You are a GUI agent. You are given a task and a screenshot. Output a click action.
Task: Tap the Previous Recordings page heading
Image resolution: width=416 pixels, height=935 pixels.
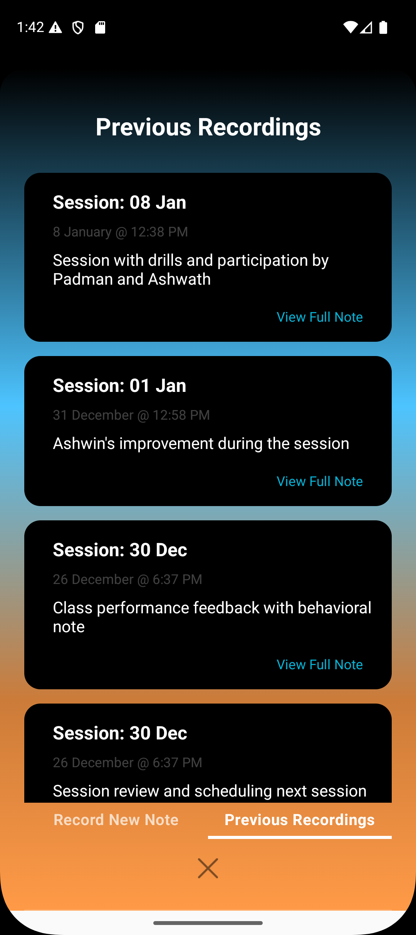pyautogui.click(x=208, y=127)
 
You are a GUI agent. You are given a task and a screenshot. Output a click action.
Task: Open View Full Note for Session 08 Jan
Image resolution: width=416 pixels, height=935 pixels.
pyautogui.click(x=320, y=317)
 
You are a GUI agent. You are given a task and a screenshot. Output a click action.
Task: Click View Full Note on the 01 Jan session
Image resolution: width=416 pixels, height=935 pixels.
pyautogui.click(x=320, y=481)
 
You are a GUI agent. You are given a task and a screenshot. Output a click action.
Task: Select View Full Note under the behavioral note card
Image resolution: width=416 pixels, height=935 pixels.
pyautogui.click(x=320, y=665)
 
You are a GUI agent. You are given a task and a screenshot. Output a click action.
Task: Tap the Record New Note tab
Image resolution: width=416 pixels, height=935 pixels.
pyautogui.click(x=116, y=820)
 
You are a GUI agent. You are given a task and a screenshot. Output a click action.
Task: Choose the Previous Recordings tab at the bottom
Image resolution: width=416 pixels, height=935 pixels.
pyautogui.click(x=300, y=820)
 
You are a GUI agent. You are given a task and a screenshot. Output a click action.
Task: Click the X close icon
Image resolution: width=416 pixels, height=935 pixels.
pyautogui.click(x=208, y=868)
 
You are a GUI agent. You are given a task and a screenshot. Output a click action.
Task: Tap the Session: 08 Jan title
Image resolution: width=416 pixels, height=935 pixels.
pyautogui.click(x=119, y=203)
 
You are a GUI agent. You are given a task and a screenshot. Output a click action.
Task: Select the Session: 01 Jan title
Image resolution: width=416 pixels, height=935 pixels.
pyautogui.click(x=119, y=386)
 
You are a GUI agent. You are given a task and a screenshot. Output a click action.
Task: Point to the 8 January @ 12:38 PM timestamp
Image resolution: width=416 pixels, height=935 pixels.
pyautogui.click(x=121, y=232)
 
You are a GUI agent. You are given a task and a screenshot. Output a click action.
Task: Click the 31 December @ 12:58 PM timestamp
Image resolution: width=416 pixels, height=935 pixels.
pyautogui.click(x=131, y=415)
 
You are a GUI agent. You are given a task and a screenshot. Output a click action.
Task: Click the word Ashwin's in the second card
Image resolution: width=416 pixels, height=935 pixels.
pyautogui.click(x=84, y=444)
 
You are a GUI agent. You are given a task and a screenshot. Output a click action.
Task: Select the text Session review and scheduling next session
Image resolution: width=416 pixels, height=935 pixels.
pyautogui.click(x=210, y=791)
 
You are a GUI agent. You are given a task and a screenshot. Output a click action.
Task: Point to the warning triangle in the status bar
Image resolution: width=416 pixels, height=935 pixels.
pyautogui.click(x=55, y=27)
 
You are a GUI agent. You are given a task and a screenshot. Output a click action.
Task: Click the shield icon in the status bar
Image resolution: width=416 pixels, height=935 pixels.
pyautogui.click(x=78, y=27)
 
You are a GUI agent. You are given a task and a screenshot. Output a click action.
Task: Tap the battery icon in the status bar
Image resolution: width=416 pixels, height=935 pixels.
pyautogui.click(x=383, y=27)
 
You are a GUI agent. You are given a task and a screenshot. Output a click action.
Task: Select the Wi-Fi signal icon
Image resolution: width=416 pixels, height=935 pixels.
pyautogui.click(x=351, y=27)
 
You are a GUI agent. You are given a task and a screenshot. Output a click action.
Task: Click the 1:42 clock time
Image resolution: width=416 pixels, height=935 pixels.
pyautogui.click(x=30, y=27)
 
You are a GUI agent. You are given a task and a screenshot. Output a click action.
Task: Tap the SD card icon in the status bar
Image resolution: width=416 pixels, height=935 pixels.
pyautogui.click(x=100, y=27)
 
